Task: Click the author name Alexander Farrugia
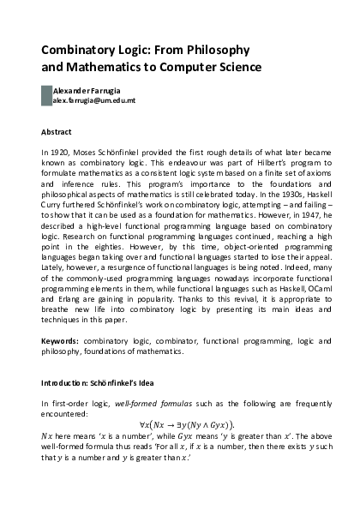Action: click(87, 90)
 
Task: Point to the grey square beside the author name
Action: click(46, 95)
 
